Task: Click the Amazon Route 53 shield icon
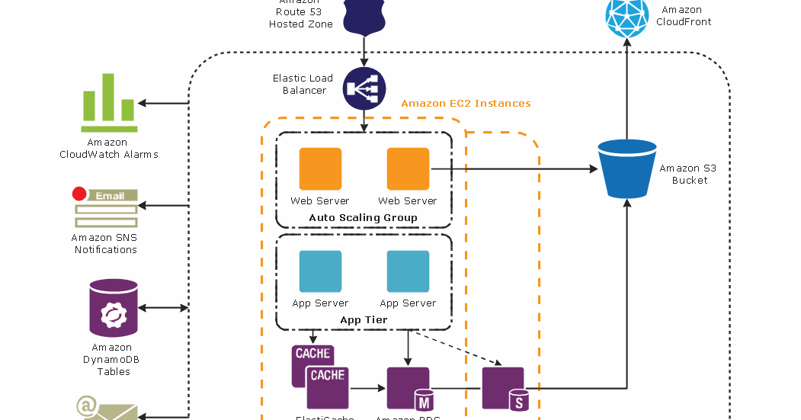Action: [x=364, y=16]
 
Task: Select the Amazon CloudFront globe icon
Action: [x=626, y=16]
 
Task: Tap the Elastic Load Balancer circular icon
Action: [x=364, y=88]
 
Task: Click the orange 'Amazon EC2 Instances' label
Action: [x=465, y=104]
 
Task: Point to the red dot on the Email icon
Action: [x=78, y=194]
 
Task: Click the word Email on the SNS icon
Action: [x=110, y=196]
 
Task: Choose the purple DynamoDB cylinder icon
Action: [x=114, y=308]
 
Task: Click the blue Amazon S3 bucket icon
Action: [x=626, y=168]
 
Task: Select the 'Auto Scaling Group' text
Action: [x=363, y=218]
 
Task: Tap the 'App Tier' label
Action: [x=364, y=320]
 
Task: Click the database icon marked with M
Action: [x=409, y=389]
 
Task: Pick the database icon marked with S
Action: [x=504, y=389]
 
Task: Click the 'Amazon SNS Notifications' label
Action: [x=105, y=243]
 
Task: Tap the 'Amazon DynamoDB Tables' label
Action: [x=113, y=360]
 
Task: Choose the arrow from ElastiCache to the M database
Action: [x=367, y=388]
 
